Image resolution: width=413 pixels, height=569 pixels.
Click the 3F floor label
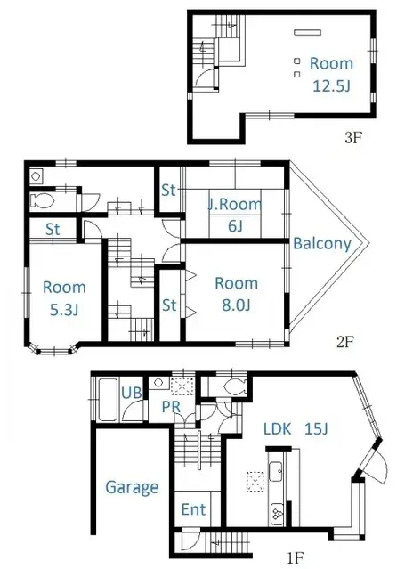click(353, 139)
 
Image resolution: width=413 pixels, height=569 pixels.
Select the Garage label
click(132, 487)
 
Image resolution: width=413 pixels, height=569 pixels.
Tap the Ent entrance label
click(193, 510)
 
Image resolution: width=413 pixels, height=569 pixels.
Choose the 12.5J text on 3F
click(331, 85)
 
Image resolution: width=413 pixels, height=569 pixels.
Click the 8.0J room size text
click(236, 306)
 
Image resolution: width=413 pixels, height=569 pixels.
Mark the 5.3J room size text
click(64, 310)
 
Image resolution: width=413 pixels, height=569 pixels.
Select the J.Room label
click(236, 205)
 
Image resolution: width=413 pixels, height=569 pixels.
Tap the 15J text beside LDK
click(315, 429)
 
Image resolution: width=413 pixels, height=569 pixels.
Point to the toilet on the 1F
click(234, 387)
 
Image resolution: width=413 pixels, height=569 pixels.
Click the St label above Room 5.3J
click(53, 230)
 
